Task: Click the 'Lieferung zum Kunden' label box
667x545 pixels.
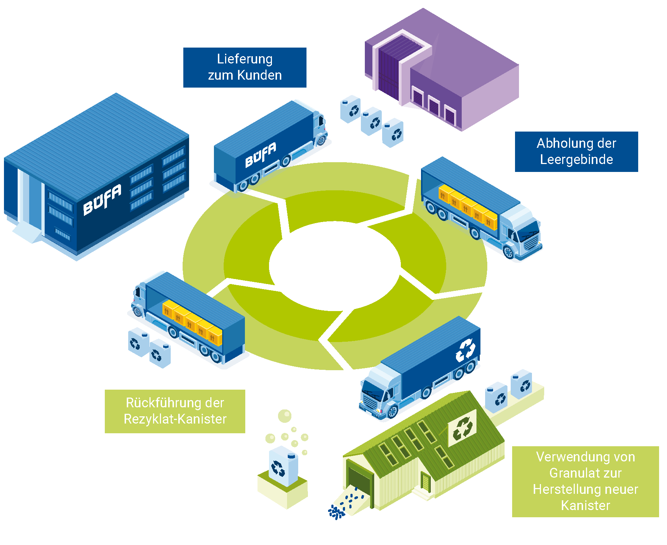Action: coord(245,67)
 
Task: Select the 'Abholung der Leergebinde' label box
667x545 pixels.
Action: coord(576,151)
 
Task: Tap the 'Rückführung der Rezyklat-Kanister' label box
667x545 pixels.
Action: coord(175,411)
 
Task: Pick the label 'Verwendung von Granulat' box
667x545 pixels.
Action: coord(585,481)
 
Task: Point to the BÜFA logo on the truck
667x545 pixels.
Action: coord(261,155)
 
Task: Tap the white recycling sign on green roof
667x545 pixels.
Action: coord(462,428)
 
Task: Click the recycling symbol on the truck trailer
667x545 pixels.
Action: coord(465,350)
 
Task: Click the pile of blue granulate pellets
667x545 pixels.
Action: coord(337,511)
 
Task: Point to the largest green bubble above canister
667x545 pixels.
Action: coord(285,416)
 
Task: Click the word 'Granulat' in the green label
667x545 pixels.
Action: coord(585,473)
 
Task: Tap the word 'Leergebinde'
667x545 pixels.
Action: coord(576,159)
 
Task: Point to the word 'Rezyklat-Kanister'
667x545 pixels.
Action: coord(175,419)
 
